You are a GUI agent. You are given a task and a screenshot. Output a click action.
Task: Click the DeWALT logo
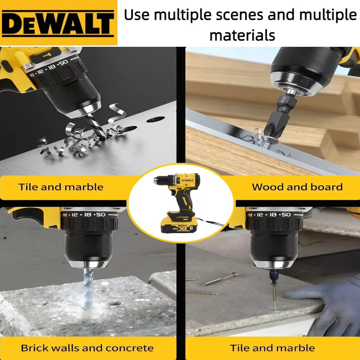pos(58,23)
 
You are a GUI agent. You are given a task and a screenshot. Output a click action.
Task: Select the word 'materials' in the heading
pos(242,35)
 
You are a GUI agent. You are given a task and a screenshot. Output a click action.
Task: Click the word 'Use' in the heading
pos(138,14)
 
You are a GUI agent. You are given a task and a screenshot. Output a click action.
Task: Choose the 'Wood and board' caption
pos(297,187)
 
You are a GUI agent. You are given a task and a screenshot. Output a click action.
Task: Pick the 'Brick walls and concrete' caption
pos(87,348)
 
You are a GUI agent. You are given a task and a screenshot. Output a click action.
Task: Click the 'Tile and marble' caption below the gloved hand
pos(272,348)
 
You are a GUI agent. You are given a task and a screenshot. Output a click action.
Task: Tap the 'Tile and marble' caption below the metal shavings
pos(61,187)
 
